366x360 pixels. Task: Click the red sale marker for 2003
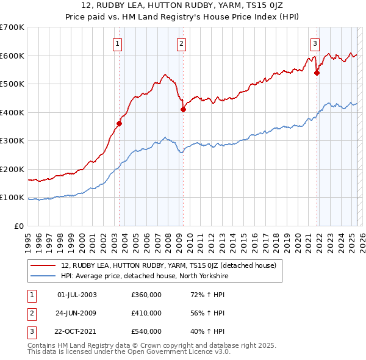click(x=120, y=123)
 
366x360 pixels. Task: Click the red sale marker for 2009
click(x=183, y=109)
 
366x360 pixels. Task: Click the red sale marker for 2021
click(x=317, y=73)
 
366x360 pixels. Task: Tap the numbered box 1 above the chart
click(x=117, y=43)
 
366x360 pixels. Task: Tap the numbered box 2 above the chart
click(x=182, y=43)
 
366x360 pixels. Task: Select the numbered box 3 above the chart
click(x=315, y=43)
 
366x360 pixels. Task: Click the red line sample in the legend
click(x=44, y=265)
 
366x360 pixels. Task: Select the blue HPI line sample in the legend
click(x=44, y=275)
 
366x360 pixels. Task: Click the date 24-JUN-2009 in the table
click(x=76, y=313)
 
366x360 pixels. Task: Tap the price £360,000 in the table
click(x=146, y=295)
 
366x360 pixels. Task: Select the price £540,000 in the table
click(x=146, y=331)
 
